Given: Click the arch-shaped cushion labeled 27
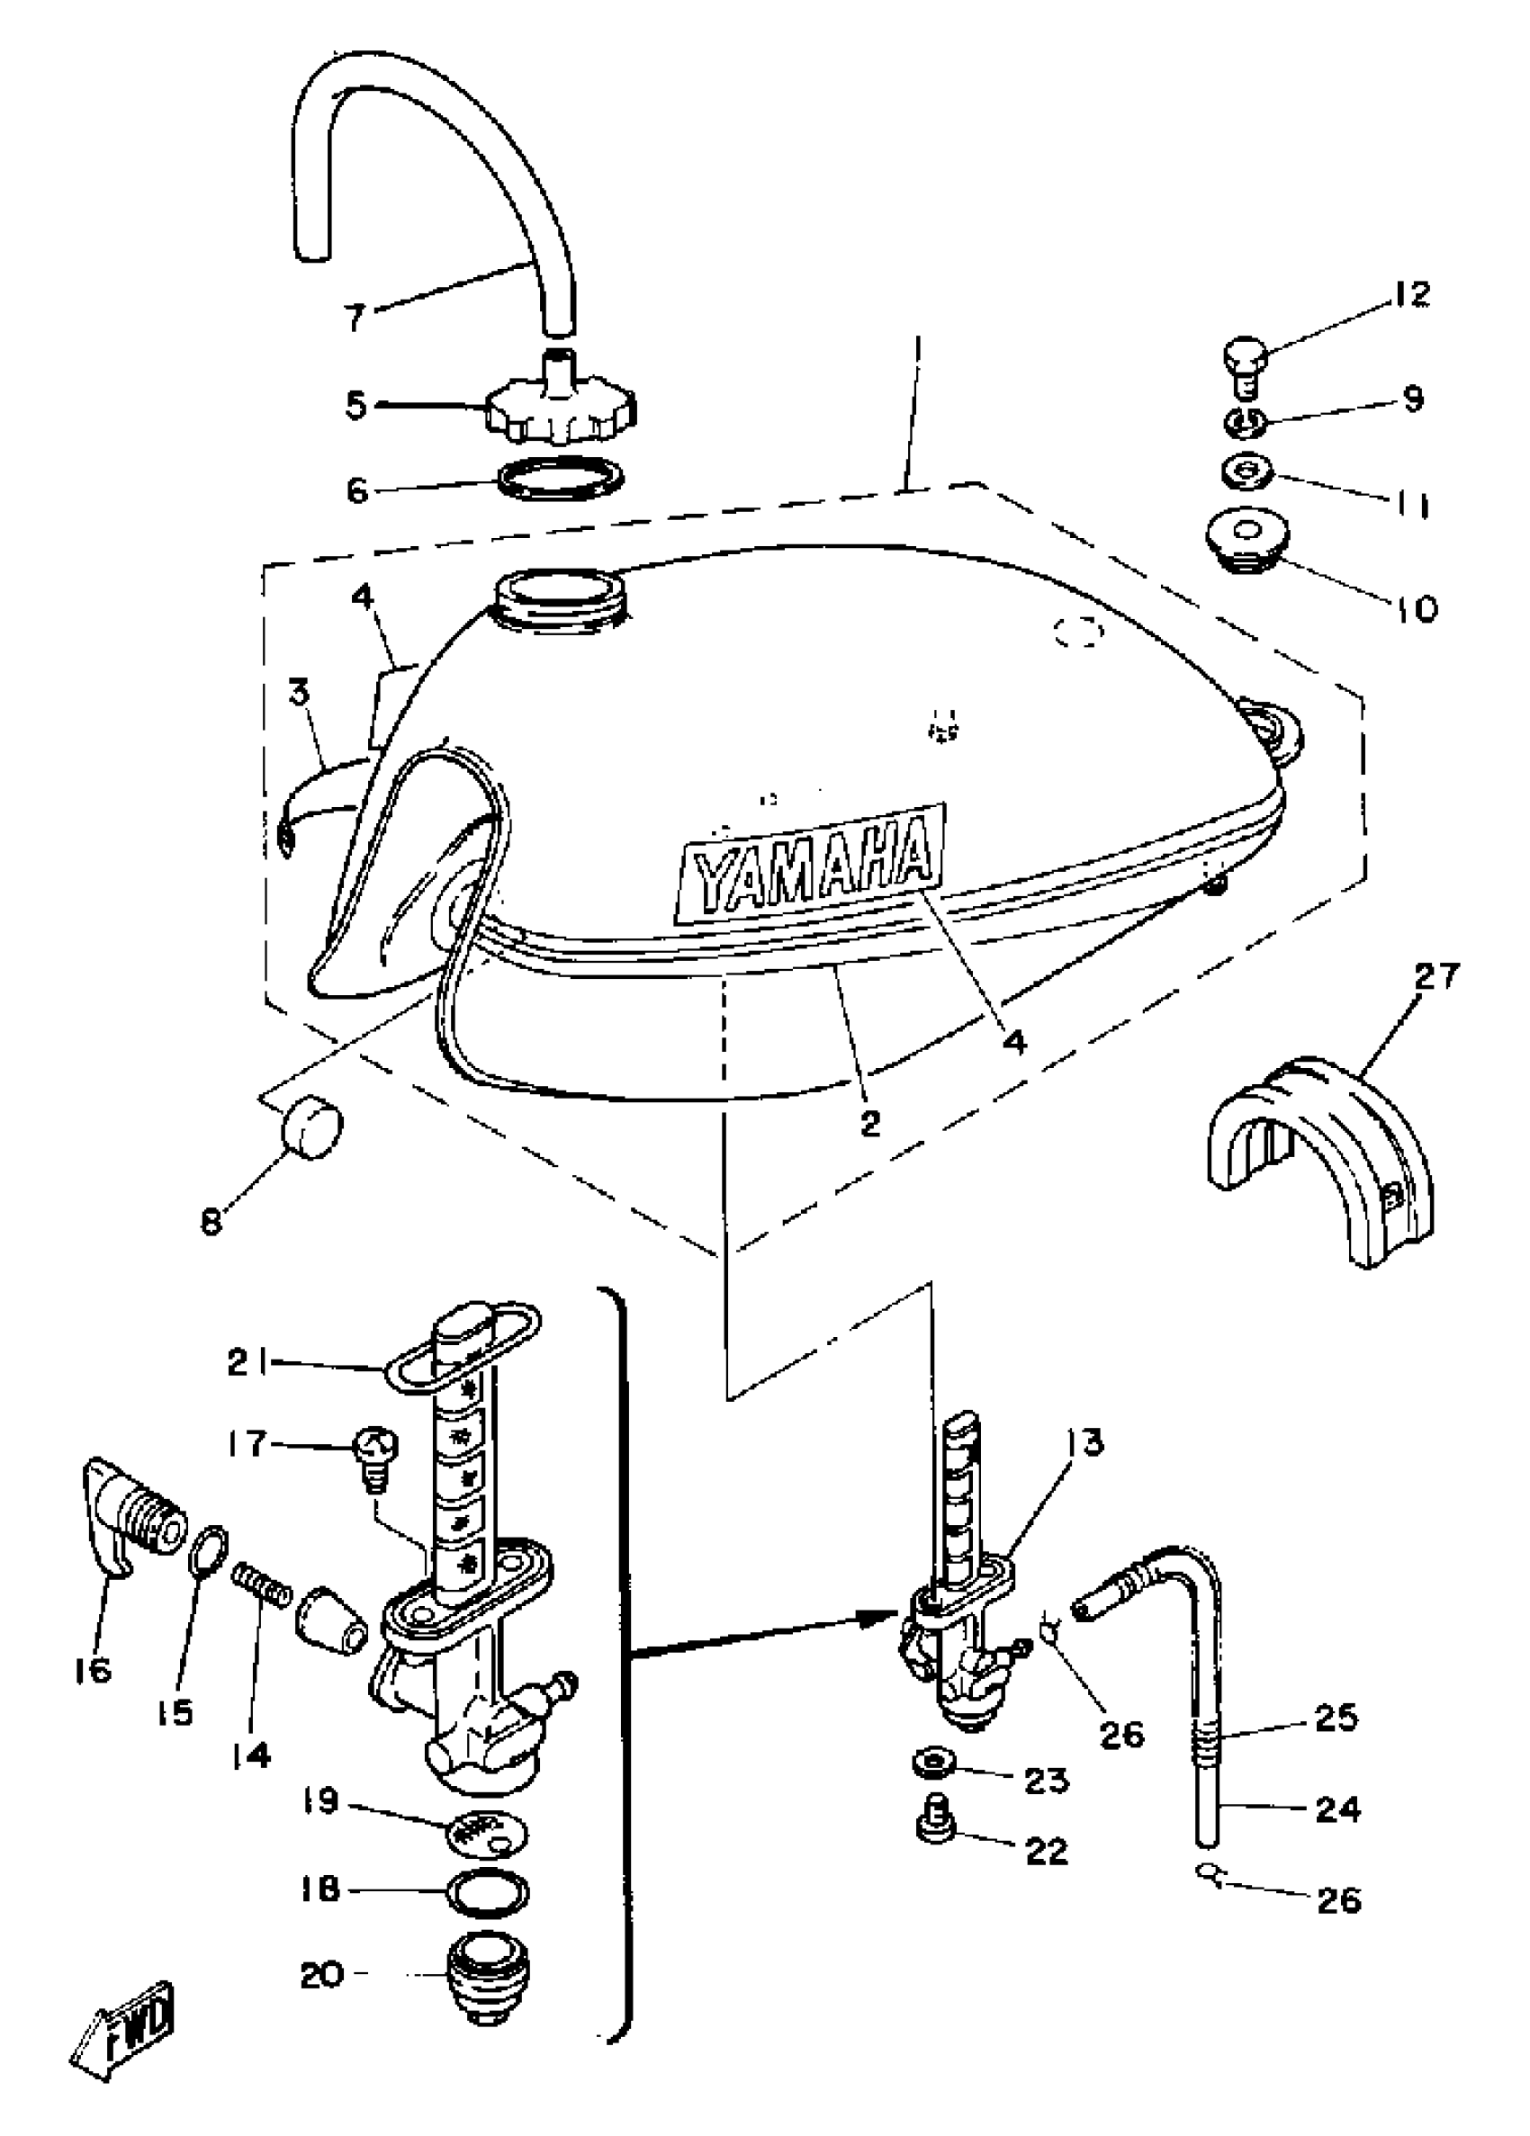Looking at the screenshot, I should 1319,1158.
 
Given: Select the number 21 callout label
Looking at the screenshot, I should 247,1363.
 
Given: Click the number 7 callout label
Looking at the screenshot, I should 354,318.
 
